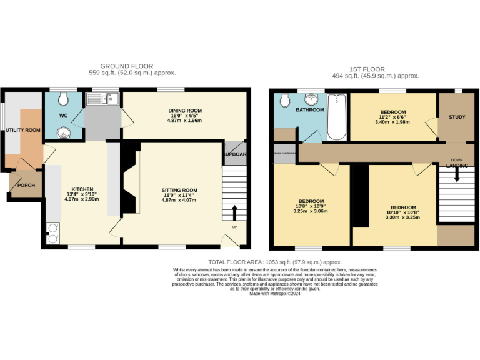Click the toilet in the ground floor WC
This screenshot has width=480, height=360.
[63, 99]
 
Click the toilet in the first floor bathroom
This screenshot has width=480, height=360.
[284, 100]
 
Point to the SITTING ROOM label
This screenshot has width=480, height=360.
[179, 190]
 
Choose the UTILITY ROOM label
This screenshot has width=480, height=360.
[23, 130]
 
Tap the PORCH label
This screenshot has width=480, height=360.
[26, 185]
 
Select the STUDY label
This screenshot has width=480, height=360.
[457, 117]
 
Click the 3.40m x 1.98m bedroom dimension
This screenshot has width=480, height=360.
[393, 122]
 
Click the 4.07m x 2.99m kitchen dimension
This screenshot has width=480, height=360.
[82, 199]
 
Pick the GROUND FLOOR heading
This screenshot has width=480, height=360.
[126, 66]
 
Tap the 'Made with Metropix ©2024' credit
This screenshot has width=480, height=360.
[274, 293]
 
